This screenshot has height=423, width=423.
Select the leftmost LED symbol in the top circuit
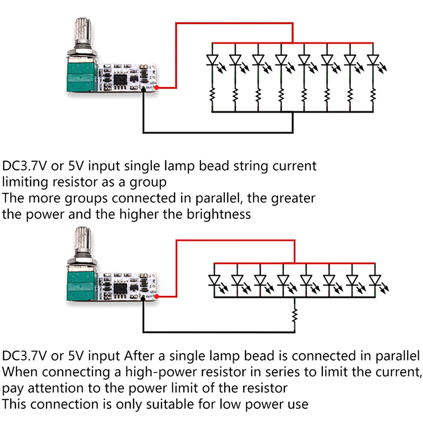212,61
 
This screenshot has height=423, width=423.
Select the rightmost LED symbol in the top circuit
373,61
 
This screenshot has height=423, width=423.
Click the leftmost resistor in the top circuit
212,95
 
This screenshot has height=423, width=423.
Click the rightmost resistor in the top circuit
373,95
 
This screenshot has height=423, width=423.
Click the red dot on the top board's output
158,87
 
